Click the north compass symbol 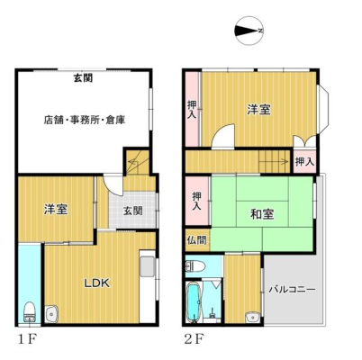(249, 31)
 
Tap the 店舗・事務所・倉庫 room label (85, 120)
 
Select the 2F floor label (194, 339)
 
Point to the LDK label (96, 283)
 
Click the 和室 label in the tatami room (262, 214)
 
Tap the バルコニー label (292, 290)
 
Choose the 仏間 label (197, 240)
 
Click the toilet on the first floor (30, 311)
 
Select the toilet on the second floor (195, 265)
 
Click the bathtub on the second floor (194, 301)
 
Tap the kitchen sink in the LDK (148, 266)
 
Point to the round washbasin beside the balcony (252, 318)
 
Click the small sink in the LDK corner (51, 314)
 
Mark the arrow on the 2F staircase (273, 161)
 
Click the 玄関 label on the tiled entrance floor (132, 211)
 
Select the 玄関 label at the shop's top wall (83, 78)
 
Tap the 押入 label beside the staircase (304, 162)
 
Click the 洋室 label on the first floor (56, 209)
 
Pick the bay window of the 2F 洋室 (322, 110)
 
